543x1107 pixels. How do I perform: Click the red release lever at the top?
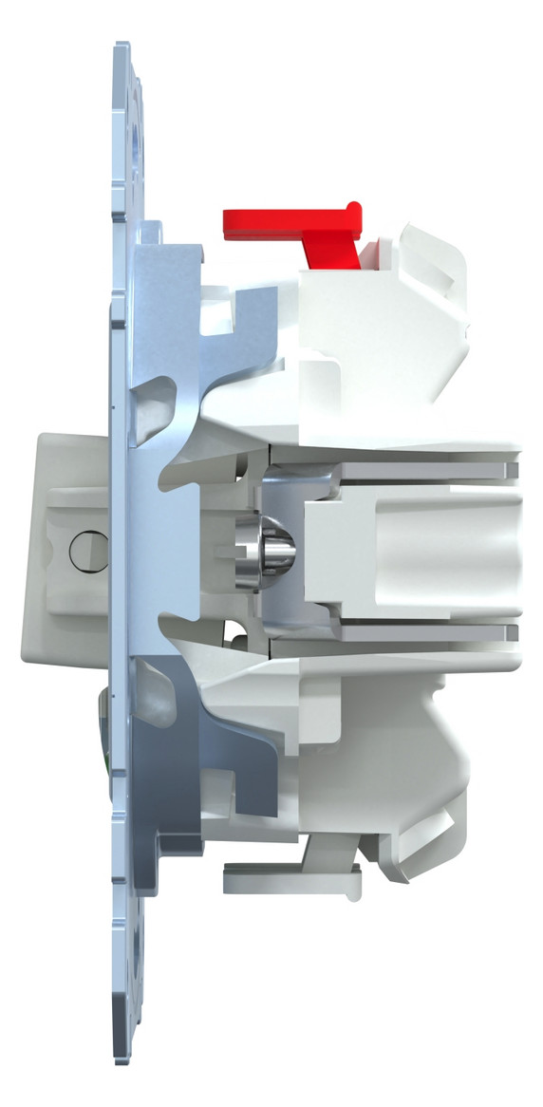point(285,220)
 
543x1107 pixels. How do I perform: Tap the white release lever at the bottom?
point(285,881)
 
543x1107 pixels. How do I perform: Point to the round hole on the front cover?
point(84,551)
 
